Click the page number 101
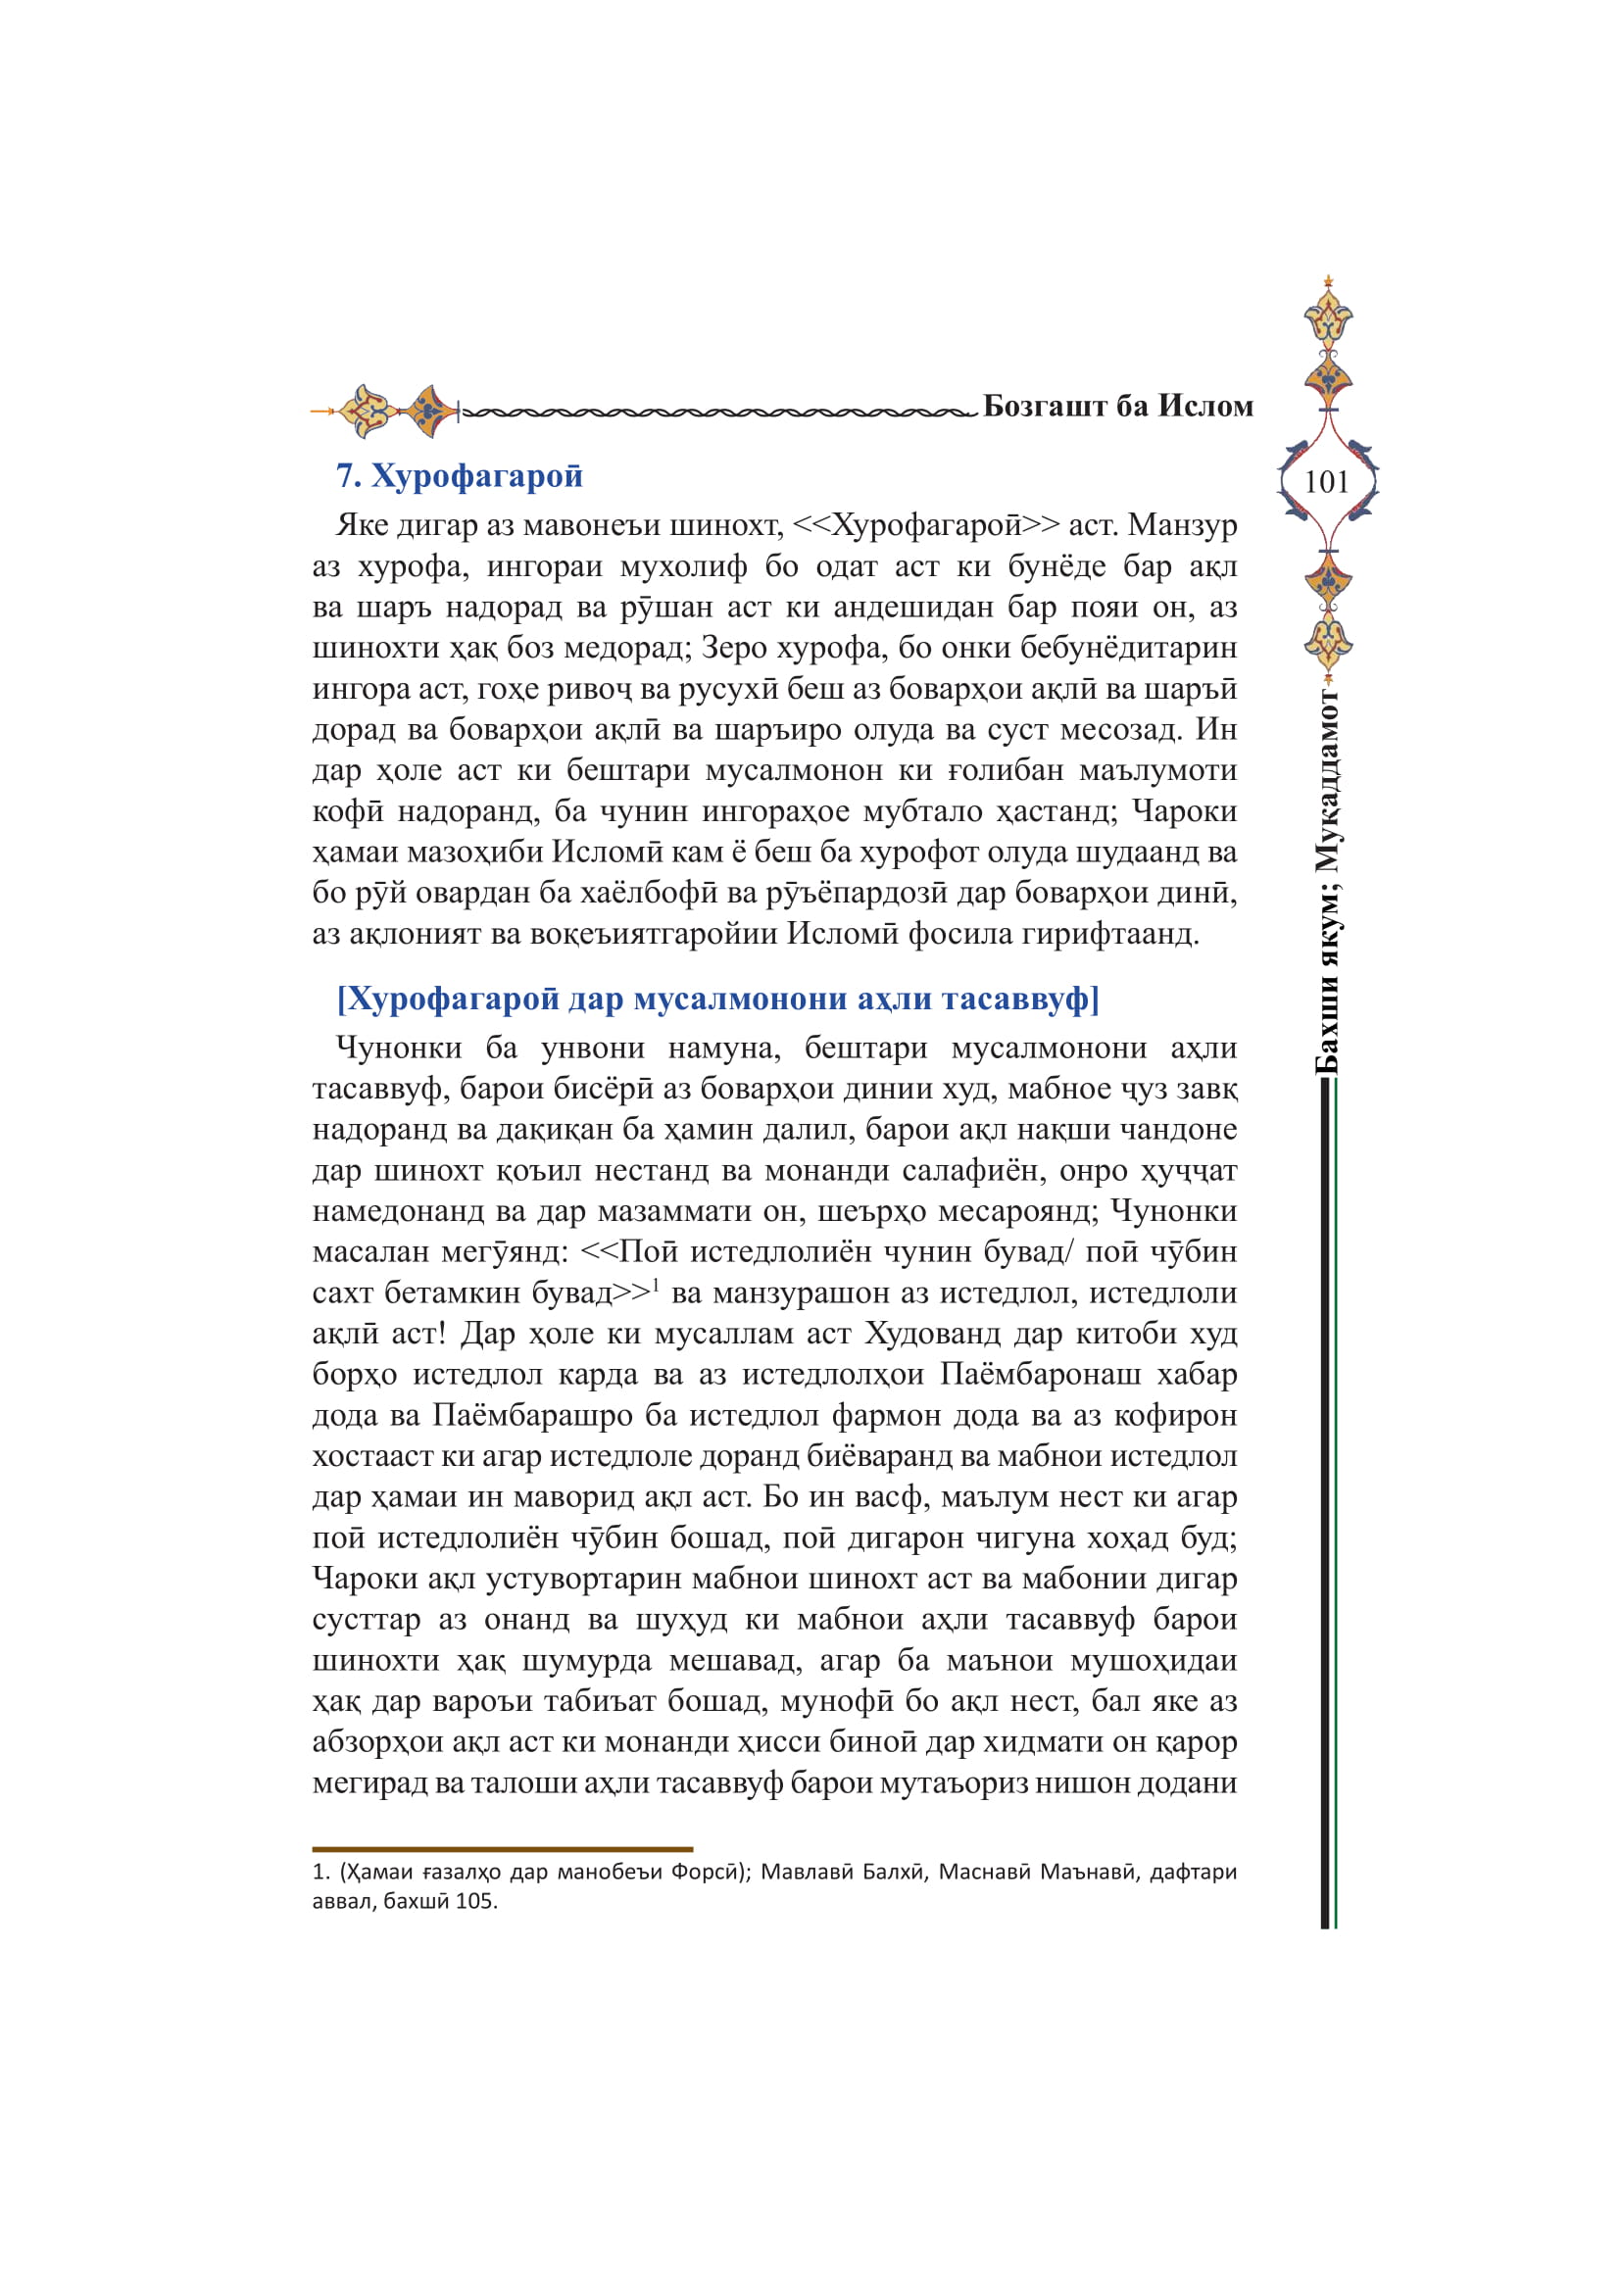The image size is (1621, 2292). pos(1327,482)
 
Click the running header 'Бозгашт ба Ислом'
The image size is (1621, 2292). pos(1117,407)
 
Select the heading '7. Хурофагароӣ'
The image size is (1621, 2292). pos(459,476)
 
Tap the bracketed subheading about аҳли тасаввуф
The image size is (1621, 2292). pos(717,999)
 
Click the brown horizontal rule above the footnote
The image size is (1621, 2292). pos(502,1849)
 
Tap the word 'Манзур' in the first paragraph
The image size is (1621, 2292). pos(1182,525)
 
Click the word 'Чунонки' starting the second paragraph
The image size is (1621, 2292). pos(398,1048)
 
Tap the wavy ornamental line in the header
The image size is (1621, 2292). pos(718,412)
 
